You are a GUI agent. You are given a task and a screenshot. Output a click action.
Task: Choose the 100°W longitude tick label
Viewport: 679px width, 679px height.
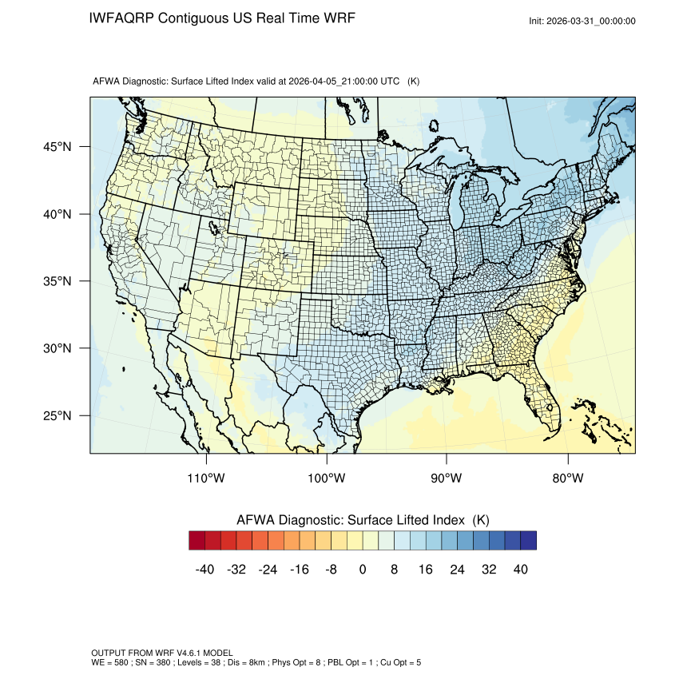(327, 478)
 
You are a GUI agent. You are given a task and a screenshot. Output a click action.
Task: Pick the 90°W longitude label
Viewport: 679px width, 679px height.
(447, 478)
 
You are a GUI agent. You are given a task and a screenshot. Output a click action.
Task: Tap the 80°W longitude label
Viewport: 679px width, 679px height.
(566, 478)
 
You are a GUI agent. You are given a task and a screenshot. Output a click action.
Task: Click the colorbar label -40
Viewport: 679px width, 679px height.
(204, 569)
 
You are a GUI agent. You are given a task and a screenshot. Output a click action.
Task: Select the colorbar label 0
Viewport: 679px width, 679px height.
(363, 569)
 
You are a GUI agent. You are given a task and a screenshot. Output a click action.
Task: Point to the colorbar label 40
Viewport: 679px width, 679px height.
(520, 569)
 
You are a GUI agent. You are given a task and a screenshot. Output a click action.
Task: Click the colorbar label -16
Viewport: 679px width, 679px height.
(299, 569)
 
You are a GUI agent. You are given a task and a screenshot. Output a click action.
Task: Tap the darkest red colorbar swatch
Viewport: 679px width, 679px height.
(197, 541)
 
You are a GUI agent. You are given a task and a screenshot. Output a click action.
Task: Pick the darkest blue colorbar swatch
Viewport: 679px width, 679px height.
(528, 541)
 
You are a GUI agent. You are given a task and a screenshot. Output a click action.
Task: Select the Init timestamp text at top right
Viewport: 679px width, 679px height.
(582, 21)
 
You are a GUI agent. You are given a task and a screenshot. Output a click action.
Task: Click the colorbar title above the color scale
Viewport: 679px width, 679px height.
(363, 519)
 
